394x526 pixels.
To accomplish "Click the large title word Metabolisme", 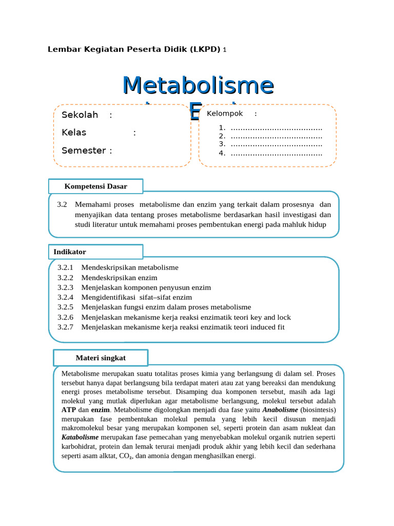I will (198, 85).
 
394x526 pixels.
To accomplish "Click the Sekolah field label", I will (80, 115).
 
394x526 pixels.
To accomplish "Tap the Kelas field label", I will (74, 133).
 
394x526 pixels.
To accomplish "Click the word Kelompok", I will (225, 114).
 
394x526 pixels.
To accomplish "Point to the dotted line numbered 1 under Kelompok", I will (276, 128).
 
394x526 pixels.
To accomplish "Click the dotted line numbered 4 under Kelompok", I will (276, 153).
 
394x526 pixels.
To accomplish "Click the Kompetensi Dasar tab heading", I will (95, 186).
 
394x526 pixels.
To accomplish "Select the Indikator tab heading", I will (70, 252).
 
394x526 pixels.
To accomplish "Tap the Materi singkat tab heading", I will (101, 358).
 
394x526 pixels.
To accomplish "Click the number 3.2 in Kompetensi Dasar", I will (62, 204).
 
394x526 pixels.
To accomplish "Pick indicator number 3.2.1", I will (66, 268).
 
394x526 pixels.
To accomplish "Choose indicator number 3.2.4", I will (66, 297).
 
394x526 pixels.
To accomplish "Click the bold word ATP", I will (69, 410).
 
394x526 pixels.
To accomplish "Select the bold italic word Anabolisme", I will (280, 410).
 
